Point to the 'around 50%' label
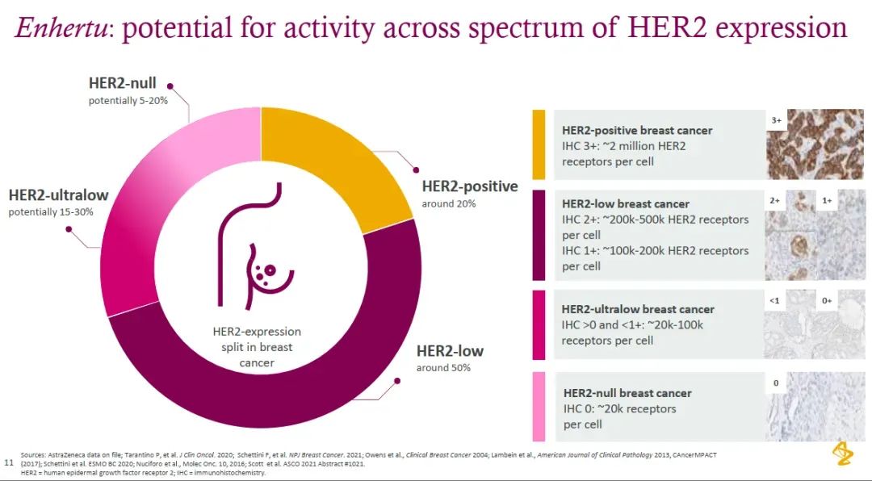(443, 368)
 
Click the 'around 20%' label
(448, 203)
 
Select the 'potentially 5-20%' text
(128, 101)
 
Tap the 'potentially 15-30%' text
(51, 212)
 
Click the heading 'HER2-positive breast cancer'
(637, 130)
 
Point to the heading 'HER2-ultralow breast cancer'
(638, 309)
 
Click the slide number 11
(9, 463)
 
